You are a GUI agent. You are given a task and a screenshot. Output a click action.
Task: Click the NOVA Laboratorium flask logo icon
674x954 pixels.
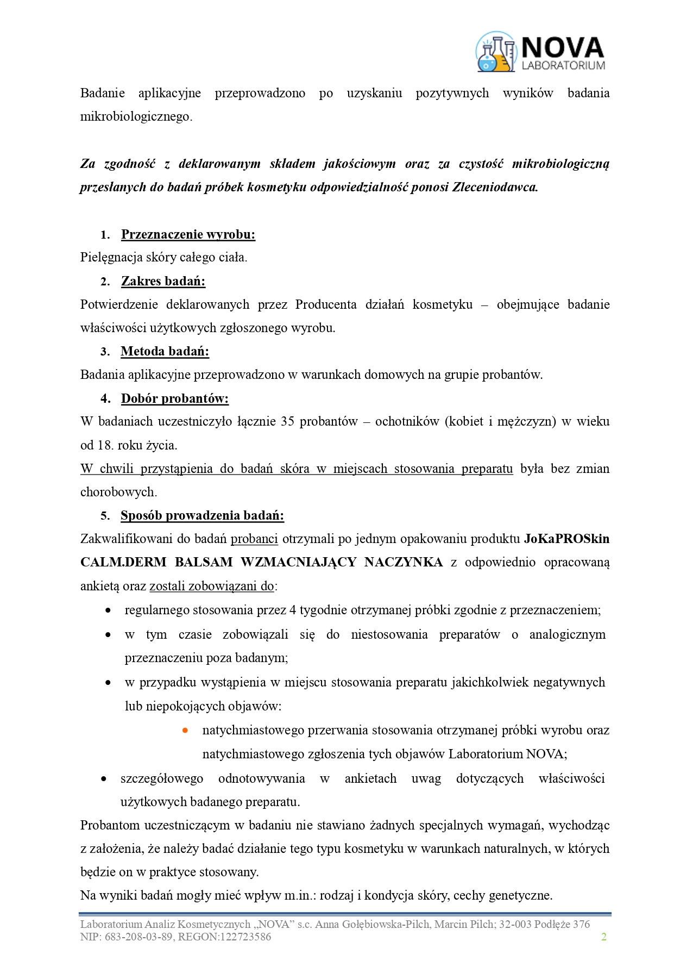coord(495,52)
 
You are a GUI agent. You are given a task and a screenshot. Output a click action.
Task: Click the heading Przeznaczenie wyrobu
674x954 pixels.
coord(188,234)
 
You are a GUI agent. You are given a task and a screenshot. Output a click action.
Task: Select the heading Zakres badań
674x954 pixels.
coord(163,281)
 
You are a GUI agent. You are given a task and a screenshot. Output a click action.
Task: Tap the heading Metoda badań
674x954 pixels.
coord(165,351)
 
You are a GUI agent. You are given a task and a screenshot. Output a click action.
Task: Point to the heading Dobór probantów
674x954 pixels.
coord(174,398)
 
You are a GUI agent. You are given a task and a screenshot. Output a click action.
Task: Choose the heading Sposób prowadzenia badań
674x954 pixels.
coord(202,515)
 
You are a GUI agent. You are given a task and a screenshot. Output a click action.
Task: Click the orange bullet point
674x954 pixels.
coord(185,730)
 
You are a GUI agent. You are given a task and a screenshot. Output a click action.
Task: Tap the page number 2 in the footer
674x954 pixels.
coord(603,936)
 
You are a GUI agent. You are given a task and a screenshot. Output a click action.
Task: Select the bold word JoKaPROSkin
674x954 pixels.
coord(566,539)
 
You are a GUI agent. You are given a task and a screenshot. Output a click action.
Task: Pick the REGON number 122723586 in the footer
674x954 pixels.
coord(244,937)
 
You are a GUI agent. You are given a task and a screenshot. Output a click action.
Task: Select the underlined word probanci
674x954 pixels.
coord(254,539)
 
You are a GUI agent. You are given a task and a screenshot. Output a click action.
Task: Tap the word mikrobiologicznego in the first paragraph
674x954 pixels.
coord(135,116)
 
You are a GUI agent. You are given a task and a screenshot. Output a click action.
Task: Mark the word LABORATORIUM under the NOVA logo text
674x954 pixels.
coord(563,66)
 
